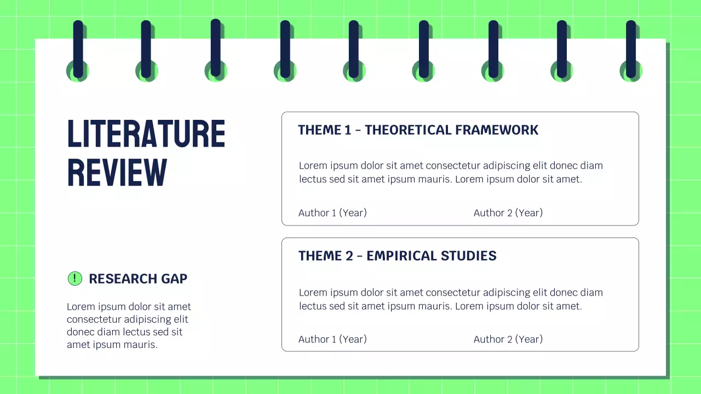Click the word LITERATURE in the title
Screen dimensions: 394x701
[146, 134]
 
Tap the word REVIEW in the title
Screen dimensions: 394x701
[117, 173]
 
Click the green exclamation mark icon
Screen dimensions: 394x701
[74, 279]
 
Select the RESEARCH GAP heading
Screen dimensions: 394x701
[137, 279]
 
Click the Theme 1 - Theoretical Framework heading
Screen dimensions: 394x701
[418, 130]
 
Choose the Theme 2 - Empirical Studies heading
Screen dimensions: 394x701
[397, 256]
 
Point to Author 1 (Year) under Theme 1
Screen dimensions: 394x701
[332, 213]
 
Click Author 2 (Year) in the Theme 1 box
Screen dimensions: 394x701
[508, 213]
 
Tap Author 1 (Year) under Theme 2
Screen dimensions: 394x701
[332, 339]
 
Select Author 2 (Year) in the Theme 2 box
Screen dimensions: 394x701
[508, 339]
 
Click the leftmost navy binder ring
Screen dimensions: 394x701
[78, 49]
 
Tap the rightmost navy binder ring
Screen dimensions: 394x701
[631, 49]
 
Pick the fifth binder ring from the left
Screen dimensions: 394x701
[354, 49]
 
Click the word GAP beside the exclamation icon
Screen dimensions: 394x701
[174, 279]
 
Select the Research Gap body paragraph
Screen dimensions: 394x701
[129, 326]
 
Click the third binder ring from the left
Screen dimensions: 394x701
[216, 49]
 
